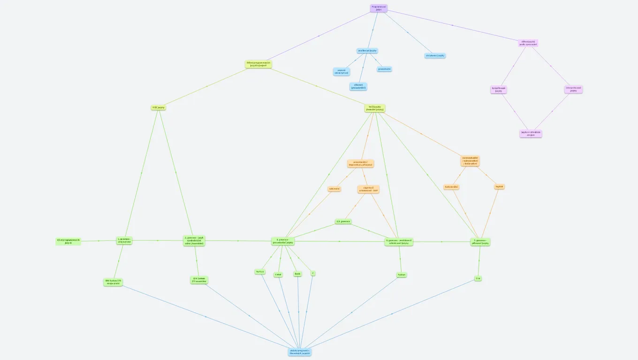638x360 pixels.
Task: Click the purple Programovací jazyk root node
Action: (379, 8)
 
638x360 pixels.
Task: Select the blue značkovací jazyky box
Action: (367, 51)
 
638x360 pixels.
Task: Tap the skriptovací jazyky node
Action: (435, 55)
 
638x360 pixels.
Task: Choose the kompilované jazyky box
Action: (499, 89)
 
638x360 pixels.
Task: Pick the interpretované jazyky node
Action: (573, 89)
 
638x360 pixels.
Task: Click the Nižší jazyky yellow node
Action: (159, 107)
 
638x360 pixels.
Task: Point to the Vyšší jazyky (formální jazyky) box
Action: (375, 108)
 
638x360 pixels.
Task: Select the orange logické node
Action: (499, 187)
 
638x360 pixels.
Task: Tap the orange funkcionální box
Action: (451, 187)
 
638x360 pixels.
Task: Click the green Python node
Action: (401, 275)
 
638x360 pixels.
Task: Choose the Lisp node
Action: (478, 278)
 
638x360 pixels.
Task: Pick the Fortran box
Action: (260, 271)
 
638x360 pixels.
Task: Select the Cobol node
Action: (278, 275)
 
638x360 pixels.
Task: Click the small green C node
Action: (312, 273)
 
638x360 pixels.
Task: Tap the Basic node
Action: (297, 274)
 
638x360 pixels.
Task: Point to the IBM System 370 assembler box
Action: (198, 280)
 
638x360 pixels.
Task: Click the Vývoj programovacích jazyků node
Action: (68, 241)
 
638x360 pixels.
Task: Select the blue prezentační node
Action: (384, 69)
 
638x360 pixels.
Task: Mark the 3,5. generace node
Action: (343, 221)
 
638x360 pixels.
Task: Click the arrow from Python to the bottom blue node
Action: (352, 312)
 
